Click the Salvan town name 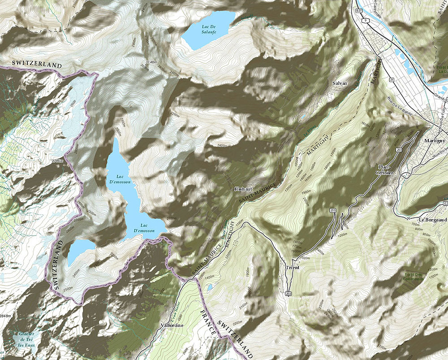[x=340, y=83]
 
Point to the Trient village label [x=292, y=268]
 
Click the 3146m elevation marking [x=151, y=62]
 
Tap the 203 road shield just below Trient [x=288, y=293]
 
